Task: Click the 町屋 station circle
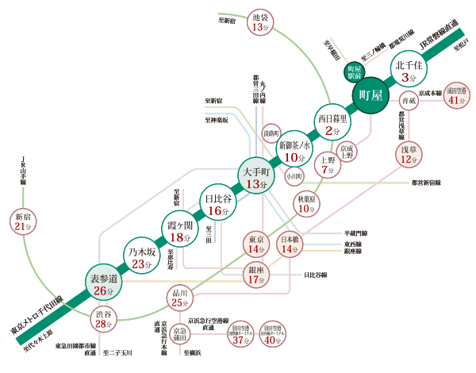point(370,96)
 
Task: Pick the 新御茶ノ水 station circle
point(295,149)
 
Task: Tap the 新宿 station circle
point(21,221)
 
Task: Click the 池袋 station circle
point(259,21)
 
